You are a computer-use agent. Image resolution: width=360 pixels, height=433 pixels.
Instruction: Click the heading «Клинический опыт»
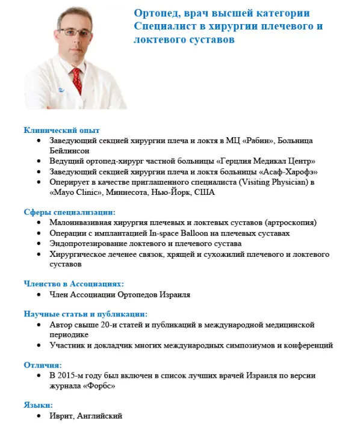(61, 130)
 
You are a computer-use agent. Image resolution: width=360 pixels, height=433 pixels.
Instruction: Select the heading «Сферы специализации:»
(69, 212)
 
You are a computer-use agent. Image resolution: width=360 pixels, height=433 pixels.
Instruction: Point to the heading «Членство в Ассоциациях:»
(73, 284)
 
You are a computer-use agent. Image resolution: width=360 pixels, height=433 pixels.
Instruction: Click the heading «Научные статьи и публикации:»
(85, 314)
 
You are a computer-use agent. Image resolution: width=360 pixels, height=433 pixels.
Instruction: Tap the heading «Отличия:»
(42, 365)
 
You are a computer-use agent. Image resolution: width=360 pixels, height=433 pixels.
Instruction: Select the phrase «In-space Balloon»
(170, 233)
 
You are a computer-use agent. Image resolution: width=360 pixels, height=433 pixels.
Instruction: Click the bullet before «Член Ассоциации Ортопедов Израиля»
(40, 295)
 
